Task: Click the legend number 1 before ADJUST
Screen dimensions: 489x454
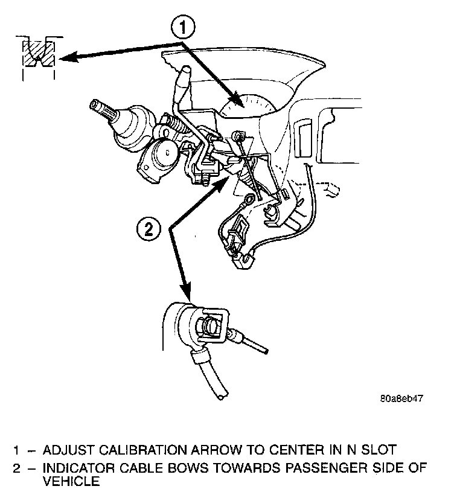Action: [x=18, y=450]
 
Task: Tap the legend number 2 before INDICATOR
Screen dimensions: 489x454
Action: [x=18, y=467]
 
